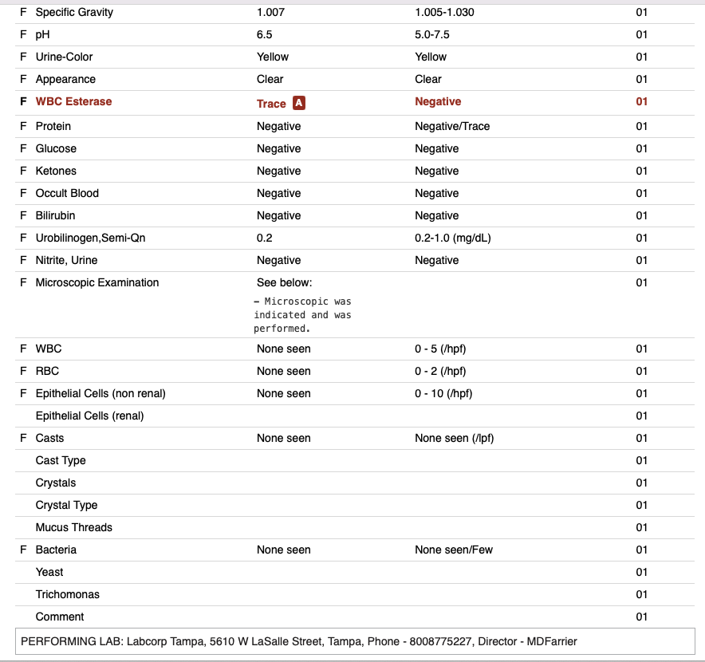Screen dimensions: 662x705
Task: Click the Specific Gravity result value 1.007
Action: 270,12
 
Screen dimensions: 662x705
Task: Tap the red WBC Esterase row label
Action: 73,101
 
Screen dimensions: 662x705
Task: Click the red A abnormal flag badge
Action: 299,103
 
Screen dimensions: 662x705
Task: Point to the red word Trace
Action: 271,104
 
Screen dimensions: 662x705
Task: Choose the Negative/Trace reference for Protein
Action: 452,126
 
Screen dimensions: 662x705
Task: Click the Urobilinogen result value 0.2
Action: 265,238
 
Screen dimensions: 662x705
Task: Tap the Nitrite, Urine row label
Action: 66,260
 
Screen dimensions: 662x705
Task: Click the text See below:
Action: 284,282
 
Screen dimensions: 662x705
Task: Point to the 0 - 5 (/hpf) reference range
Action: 440,349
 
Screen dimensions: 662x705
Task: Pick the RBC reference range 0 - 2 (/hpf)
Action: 440,371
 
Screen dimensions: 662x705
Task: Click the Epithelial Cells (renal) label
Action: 89,416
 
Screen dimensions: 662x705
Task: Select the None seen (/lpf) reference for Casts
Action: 454,438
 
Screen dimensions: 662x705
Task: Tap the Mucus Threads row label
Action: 73,527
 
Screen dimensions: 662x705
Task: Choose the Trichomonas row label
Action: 68,594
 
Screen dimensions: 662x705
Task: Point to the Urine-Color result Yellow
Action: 273,57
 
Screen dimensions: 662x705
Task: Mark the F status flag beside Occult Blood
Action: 23,193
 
